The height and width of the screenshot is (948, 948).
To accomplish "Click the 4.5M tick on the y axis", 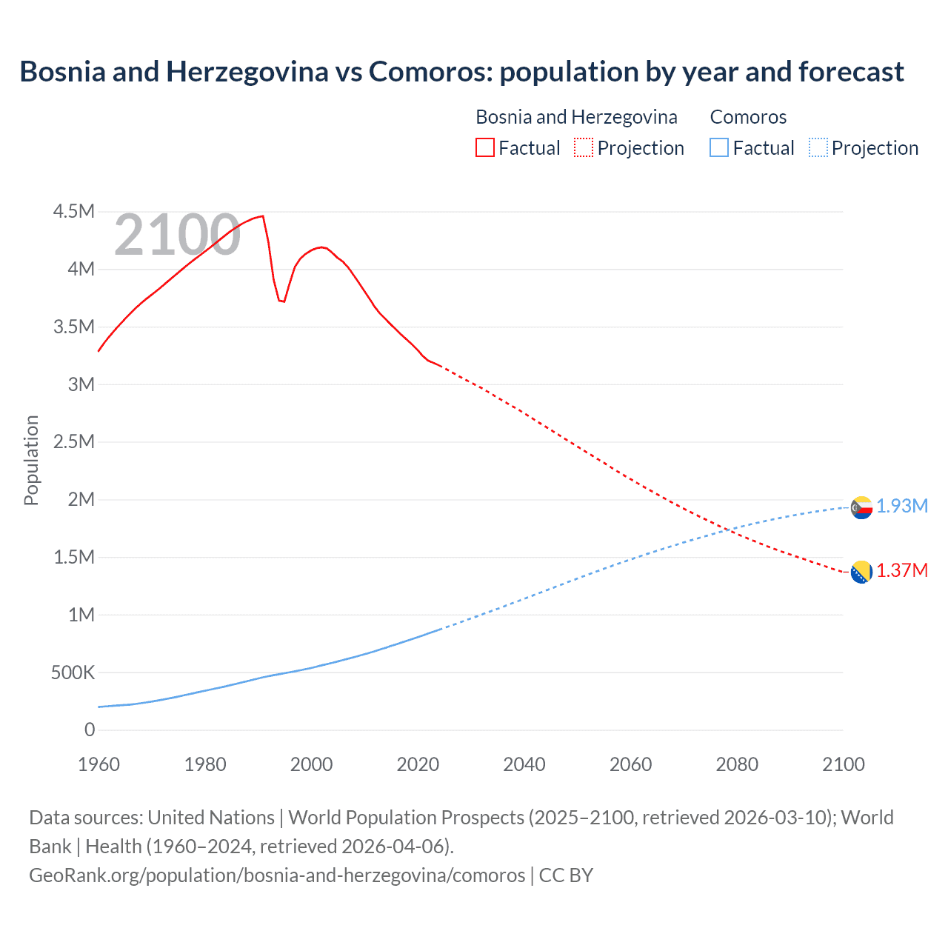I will [x=74, y=212].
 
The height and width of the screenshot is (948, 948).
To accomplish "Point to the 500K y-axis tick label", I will [x=73, y=672].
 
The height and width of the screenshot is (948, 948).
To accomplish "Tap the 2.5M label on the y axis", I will [x=74, y=442].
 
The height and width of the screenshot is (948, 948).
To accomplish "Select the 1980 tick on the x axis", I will [x=205, y=764].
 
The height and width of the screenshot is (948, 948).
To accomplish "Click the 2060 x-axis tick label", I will [x=630, y=764].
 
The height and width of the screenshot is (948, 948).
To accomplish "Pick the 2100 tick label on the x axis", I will [x=843, y=764].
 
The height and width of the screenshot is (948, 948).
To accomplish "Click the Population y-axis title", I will [x=31, y=460].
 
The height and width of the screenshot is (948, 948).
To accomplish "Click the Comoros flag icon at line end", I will [x=861, y=507].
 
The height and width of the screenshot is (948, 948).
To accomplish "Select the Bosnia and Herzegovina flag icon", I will [x=861, y=572].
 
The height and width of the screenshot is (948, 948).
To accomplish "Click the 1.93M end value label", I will [x=902, y=506].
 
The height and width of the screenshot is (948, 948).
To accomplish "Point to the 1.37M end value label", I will [x=902, y=570].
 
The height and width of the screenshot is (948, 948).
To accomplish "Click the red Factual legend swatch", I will [x=484, y=148].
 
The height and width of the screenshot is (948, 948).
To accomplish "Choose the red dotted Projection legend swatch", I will [x=584, y=148].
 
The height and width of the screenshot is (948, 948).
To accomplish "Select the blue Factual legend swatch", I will [x=718, y=148].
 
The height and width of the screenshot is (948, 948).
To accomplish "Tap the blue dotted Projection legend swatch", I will [x=818, y=148].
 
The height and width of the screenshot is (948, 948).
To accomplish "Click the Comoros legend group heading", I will [x=748, y=117].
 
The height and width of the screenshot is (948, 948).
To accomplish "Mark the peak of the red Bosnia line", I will [x=263, y=216].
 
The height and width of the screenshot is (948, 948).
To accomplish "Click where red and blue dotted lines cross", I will [x=730, y=530].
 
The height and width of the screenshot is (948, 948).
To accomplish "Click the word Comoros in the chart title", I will [x=430, y=72].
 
